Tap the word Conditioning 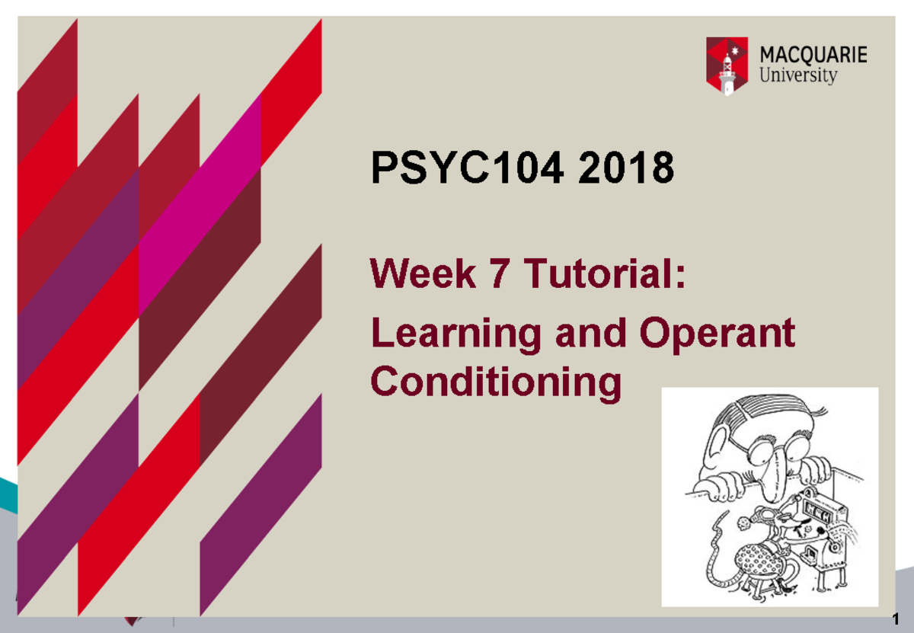click(495, 381)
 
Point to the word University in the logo click(798, 76)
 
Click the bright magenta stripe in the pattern click(200, 206)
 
